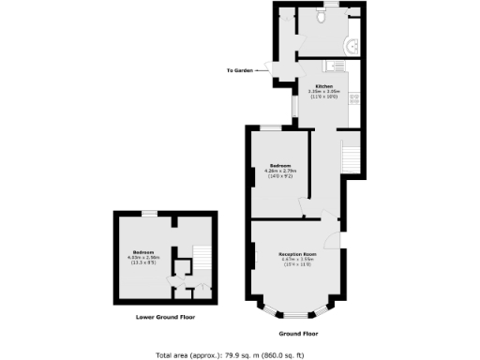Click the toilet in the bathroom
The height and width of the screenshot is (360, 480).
[x=321, y=16]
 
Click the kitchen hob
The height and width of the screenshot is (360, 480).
[x=353, y=97]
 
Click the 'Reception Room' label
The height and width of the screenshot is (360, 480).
[x=296, y=254]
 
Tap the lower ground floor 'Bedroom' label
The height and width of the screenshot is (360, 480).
[x=143, y=252]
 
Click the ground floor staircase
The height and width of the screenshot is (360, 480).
[x=349, y=156]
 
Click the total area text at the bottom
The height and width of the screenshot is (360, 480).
[x=239, y=354]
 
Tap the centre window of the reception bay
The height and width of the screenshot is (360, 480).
[x=298, y=309]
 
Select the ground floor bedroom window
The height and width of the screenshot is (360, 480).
[x=271, y=127]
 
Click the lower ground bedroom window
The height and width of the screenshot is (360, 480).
[x=149, y=215]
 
